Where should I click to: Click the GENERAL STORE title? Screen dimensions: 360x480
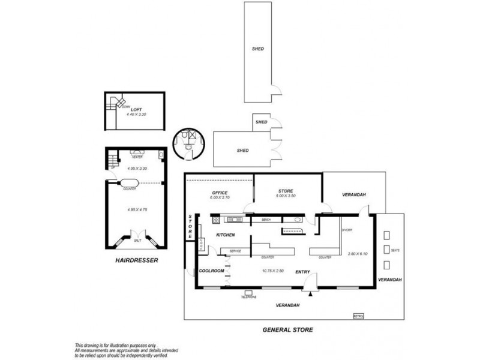click(x=288, y=329)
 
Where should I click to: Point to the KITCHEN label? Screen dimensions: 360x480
click(x=226, y=235)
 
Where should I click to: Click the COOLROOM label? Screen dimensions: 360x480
click(x=211, y=271)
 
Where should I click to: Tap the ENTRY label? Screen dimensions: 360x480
click(x=302, y=272)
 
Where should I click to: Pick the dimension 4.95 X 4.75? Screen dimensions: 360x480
click(x=137, y=209)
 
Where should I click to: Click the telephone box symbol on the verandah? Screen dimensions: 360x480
click(x=248, y=292)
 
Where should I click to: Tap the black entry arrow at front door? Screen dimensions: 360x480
click(x=310, y=293)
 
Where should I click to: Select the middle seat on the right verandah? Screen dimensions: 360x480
click(x=386, y=250)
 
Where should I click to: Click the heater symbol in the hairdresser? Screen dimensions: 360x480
click(x=137, y=154)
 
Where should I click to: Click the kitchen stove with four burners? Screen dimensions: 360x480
click(x=214, y=220)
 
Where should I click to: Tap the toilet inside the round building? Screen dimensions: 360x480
click(x=190, y=146)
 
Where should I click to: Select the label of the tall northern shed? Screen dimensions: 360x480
click(x=259, y=49)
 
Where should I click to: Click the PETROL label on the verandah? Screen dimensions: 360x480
click(x=358, y=314)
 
